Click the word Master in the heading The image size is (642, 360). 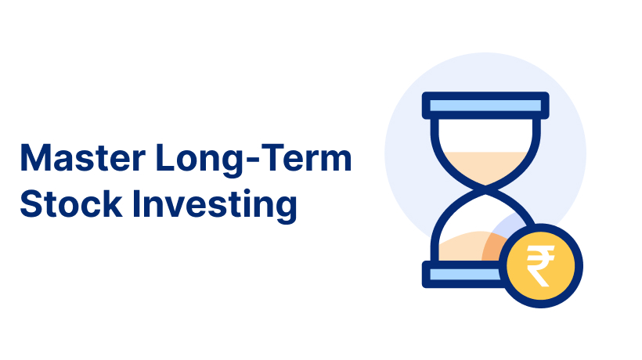tap(83, 157)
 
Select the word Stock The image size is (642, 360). tap(70, 203)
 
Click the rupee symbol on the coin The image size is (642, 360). tap(540, 266)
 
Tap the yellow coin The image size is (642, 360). tap(540, 266)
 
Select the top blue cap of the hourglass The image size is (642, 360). tap(485, 106)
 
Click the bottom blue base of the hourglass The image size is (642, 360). tap(463, 274)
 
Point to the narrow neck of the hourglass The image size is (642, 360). tap(485, 188)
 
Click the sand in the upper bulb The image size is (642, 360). tap(485, 167)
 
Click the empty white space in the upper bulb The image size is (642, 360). tap(485, 135)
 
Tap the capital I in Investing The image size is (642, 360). tap(136, 203)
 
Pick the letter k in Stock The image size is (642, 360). tap(112, 203)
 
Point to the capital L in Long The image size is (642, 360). tap(165, 157)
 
